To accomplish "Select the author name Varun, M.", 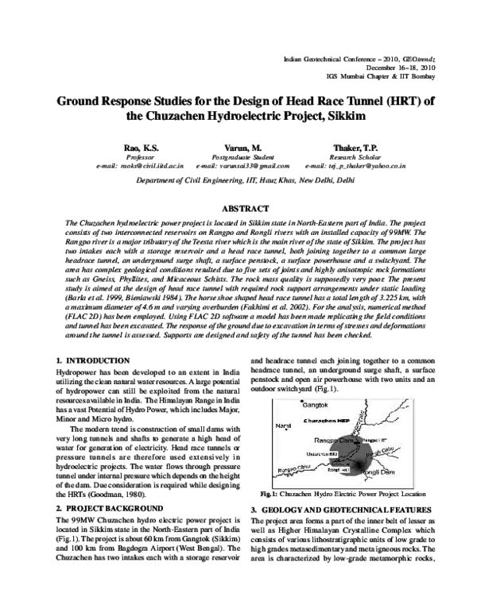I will [239, 148].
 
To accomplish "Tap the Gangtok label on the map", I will [294, 404].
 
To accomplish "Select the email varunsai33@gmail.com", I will [239, 167].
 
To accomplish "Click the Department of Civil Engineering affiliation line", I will [238, 181].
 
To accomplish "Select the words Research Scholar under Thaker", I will [348, 158].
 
